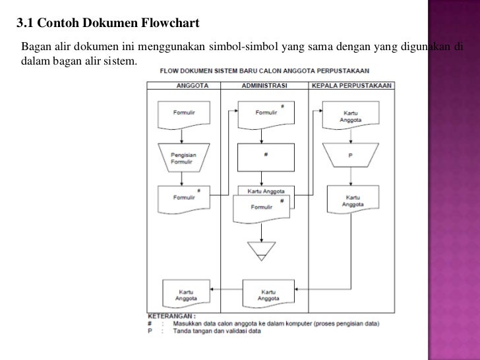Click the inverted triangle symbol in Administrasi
(x=262, y=249)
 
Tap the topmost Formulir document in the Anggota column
(x=183, y=115)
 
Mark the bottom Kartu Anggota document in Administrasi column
(x=268, y=293)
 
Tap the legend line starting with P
(x=218, y=331)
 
